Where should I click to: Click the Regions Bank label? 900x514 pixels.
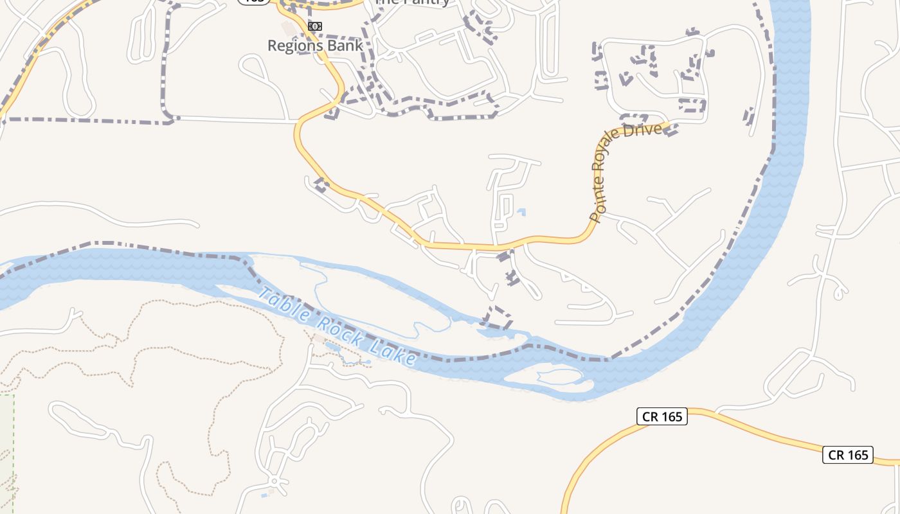[315, 46]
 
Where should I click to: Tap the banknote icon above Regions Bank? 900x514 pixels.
[315, 26]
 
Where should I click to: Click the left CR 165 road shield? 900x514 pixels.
[662, 416]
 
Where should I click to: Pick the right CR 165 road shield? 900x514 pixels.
[849, 455]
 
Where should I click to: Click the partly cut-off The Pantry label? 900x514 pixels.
[411, 2]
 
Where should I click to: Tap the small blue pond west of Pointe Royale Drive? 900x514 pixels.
[521, 211]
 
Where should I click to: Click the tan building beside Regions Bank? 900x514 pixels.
[287, 28]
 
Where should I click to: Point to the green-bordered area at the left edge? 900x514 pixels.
[6, 450]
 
